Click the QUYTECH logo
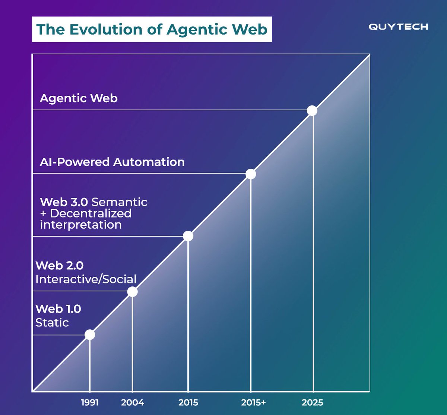coord(398,27)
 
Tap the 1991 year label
coord(90,402)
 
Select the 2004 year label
coord(133,402)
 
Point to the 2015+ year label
coord(253,402)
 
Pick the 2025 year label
coord(313,402)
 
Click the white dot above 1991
coord(90,335)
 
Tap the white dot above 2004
coord(132,292)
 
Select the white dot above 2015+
coord(251,174)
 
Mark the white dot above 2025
coord(312,111)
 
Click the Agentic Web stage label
coord(79,98)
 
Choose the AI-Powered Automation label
coord(112,162)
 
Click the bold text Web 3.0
coord(64,202)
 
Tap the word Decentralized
coord(91,213)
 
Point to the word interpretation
coord(81,225)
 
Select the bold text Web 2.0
coord(60,266)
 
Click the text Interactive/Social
coord(86,279)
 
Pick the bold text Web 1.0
coord(58,309)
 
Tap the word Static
coord(52,322)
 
